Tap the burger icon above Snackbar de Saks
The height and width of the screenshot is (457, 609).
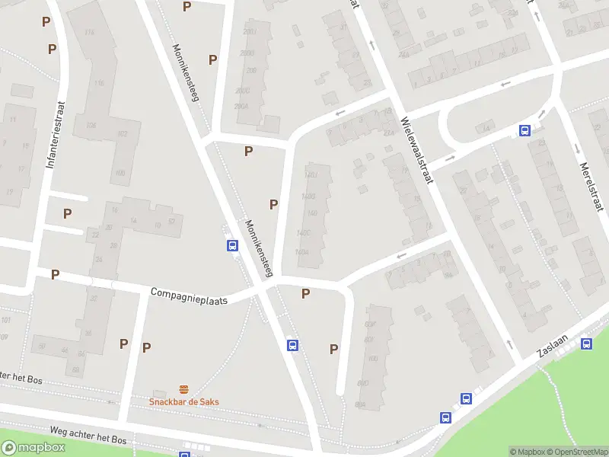(x=183, y=389)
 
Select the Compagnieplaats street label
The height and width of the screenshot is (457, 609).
(x=190, y=295)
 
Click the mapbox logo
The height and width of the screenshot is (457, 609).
(x=33, y=448)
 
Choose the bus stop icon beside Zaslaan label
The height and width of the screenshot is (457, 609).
(x=586, y=344)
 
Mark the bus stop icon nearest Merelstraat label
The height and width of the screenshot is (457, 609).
(x=525, y=130)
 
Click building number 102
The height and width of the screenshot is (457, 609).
(x=122, y=134)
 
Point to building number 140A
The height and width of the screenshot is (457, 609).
(x=303, y=251)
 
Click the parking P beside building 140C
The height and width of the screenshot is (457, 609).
(x=273, y=204)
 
